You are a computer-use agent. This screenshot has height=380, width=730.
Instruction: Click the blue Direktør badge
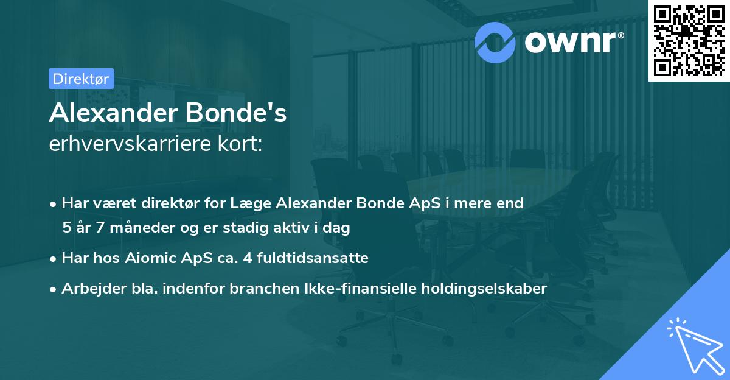click(80, 79)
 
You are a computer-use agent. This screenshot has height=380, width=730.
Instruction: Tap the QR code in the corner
click(689, 40)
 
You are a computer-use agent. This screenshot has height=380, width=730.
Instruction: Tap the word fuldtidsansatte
click(311, 258)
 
